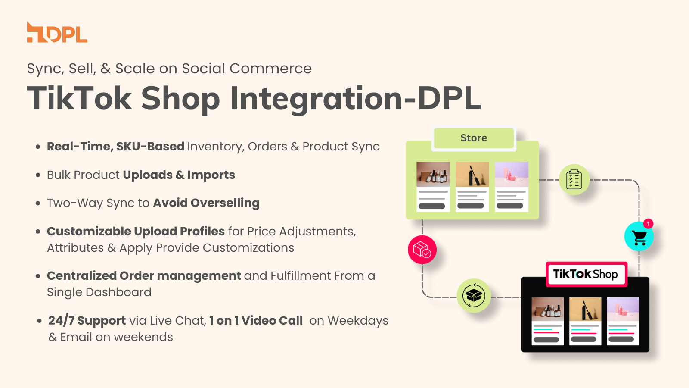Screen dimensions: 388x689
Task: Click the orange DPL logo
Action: [57, 33]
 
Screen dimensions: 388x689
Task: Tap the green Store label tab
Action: [474, 138]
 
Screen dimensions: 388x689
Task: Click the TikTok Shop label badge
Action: [586, 274]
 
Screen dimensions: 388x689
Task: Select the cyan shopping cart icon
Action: [639, 237]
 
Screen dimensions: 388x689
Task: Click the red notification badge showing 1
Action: [648, 224]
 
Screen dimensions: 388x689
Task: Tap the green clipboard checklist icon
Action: [574, 179]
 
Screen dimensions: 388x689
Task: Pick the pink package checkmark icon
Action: [422, 250]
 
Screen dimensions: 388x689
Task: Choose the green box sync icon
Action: [474, 296]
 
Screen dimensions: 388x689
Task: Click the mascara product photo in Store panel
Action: [472, 174]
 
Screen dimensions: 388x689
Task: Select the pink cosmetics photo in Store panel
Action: [512, 174]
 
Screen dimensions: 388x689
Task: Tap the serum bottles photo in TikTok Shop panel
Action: [547, 309]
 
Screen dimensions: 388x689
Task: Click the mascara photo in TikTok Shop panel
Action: [585, 309]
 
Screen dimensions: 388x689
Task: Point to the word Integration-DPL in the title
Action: [355, 99]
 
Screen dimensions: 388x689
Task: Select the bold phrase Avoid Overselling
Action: [206, 203]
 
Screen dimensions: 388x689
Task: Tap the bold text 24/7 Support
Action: [87, 321]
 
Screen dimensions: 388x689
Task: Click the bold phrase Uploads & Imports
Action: [179, 175]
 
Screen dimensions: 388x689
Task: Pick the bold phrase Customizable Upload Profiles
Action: [136, 232]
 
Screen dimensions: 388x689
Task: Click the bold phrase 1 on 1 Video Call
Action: [256, 321]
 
